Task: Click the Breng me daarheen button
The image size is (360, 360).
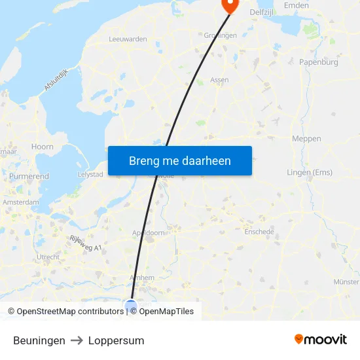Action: [180, 160]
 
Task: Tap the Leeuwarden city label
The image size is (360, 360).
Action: [127, 39]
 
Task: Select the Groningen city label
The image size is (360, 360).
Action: [220, 35]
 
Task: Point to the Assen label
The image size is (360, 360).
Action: [219, 80]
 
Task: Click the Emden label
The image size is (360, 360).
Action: [296, 5]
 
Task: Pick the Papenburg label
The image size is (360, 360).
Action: [318, 62]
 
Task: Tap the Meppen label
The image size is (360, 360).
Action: [306, 139]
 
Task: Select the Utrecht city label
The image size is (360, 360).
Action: [48, 257]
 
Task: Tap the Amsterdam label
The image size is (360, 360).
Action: [21, 203]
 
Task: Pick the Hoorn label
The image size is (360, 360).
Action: [43, 147]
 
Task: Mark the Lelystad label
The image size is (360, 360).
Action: [90, 175]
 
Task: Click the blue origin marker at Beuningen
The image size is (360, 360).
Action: [131, 305]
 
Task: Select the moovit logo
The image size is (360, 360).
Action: [321, 340]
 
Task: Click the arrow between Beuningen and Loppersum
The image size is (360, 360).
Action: [77, 340]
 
